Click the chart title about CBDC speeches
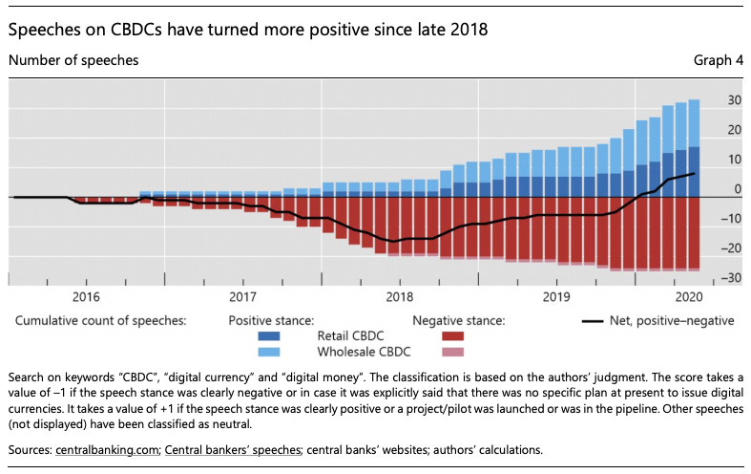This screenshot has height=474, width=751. [248, 30]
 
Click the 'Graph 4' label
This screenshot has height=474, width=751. [718, 60]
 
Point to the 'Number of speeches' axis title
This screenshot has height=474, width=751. [73, 60]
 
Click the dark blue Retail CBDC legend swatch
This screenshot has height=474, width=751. [277, 335]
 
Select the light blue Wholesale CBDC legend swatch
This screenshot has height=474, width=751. [277, 351]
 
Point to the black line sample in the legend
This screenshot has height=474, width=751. [595, 321]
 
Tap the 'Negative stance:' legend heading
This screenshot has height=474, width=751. [458, 321]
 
